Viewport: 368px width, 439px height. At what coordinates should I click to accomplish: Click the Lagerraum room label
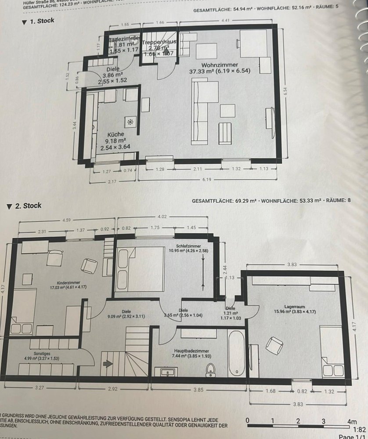pos(294,307)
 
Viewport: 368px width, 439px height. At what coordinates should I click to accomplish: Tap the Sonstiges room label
pos(39,353)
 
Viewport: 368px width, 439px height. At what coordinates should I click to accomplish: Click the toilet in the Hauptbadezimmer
pos(211,370)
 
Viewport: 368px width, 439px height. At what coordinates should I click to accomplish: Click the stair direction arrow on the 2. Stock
pos(107,363)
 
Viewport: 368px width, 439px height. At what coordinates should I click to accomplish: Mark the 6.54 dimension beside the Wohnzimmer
pos(285,92)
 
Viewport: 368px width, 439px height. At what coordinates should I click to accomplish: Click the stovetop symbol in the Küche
pos(130,122)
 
